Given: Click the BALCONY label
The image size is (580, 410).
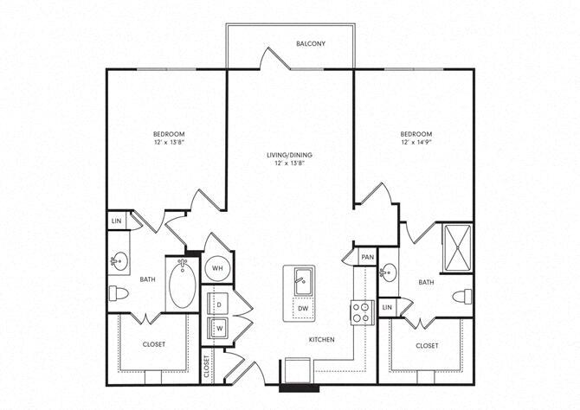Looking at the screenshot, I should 310,43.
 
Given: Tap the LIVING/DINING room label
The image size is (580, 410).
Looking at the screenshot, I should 289,156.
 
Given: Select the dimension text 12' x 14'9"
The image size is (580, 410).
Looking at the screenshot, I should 416,143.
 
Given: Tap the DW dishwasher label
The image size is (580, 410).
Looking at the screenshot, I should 302,307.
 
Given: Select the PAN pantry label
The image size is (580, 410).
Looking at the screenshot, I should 367,257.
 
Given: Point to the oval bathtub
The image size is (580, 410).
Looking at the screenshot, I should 182,285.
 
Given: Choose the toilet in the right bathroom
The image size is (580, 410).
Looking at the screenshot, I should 462,297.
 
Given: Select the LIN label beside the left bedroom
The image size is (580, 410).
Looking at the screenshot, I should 116,222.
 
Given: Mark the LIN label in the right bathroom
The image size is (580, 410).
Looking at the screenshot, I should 387,307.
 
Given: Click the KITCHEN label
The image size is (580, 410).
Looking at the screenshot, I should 321,340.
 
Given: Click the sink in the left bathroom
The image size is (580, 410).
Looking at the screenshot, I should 119,259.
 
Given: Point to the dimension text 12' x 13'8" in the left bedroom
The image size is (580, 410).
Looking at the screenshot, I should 169,143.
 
